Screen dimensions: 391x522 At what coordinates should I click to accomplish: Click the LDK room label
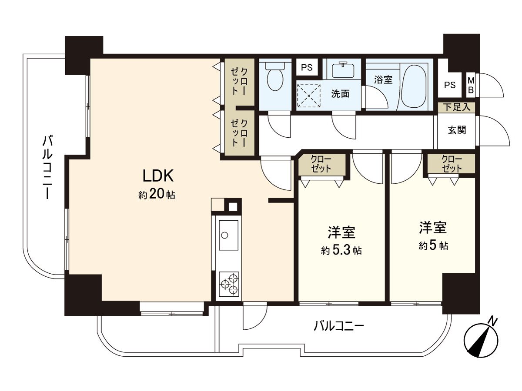(x=159, y=176)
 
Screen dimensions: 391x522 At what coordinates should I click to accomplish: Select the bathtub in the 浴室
(x=414, y=86)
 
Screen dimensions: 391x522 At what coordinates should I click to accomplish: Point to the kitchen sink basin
(x=228, y=235)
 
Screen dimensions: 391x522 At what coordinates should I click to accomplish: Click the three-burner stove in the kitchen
(x=229, y=283)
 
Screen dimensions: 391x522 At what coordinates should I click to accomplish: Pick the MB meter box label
(x=471, y=86)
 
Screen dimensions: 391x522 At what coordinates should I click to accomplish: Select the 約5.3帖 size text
(x=341, y=251)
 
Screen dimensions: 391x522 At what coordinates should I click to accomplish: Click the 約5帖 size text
(x=433, y=246)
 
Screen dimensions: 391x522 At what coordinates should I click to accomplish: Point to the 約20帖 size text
(x=157, y=194)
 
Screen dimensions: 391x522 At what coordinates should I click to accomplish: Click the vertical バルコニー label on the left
(x=48, y=167)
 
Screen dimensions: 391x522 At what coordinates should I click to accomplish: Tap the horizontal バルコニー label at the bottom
(x=339, y=326)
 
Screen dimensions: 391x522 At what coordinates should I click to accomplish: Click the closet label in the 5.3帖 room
(x=322, y=164)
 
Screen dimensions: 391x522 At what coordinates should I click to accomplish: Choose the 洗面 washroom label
(x=340, y=94)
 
